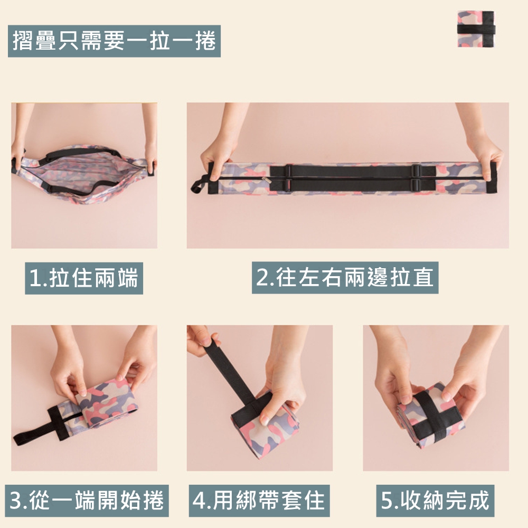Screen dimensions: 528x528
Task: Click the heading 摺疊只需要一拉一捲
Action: click(114, 41)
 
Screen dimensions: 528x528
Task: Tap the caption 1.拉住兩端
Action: click(84, 278)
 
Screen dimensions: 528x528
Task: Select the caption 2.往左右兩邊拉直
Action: click(345, 278)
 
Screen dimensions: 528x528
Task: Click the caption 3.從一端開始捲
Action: click(87, 501)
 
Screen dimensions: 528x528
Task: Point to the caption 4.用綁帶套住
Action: click(259, 501)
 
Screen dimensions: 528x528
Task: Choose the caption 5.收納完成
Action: click(435, 501)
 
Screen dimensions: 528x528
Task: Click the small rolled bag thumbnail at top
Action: click(476, 29)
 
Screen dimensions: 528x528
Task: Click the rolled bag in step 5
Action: click(431, 416)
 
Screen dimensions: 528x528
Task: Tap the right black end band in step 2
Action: click(493, 178)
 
